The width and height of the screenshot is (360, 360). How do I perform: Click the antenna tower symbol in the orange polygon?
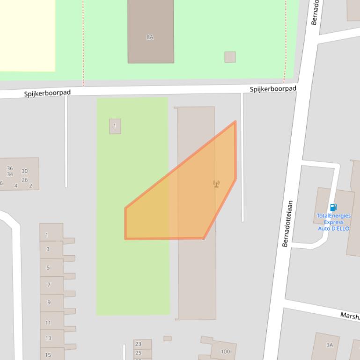point(216,184)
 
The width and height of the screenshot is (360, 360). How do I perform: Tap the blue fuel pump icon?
point(333,208)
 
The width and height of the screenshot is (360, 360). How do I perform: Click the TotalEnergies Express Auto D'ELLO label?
point(333,222)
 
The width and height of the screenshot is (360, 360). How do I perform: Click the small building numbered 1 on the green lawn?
point(115,126)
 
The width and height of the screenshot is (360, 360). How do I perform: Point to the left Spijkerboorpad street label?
point(47,93)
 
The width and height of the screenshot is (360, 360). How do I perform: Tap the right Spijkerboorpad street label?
point(273,89)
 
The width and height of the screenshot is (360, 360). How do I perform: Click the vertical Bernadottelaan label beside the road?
point(287,223)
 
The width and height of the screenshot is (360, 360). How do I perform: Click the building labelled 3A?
point(329,345)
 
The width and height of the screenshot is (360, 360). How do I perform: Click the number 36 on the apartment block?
point(10,168)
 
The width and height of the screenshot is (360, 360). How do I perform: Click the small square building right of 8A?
point(230,57)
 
